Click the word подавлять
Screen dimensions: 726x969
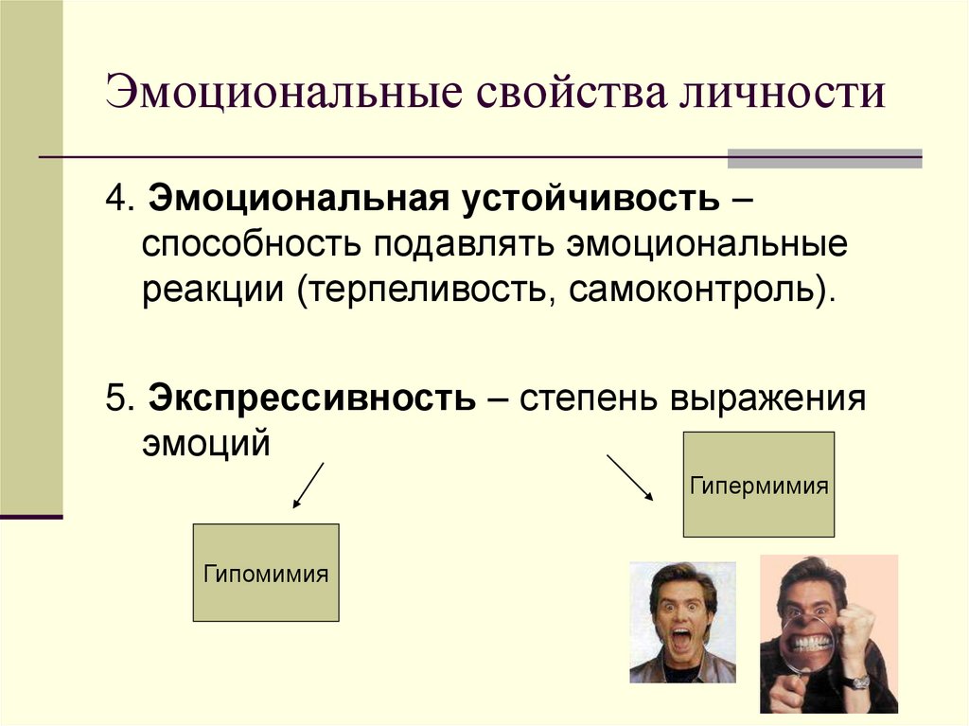point(462,244)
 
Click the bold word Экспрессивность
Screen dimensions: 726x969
point(311,398)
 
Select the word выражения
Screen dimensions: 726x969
point(768,398)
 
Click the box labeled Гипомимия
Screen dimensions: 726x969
point(266,573)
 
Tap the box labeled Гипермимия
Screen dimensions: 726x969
point(759,485)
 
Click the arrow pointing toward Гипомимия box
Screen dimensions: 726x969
point(308,486)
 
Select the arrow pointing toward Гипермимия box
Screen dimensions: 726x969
point(629,477)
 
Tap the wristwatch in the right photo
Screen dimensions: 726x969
point(857,681)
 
